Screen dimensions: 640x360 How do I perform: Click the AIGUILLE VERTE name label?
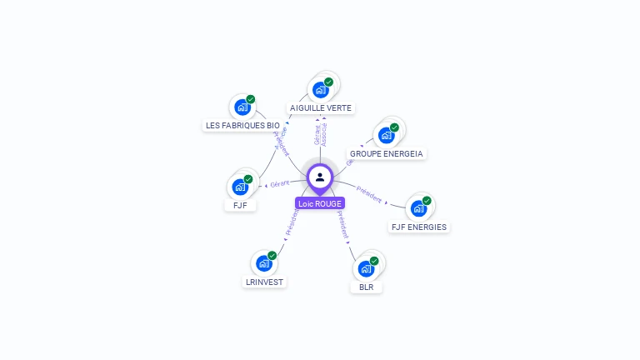pyautogui.click(x=321, y=107)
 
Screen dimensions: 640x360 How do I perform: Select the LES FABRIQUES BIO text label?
pyautogui.click(x=242, y=126)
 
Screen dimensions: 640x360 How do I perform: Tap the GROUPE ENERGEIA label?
pyautogui.click(x=387, y=154)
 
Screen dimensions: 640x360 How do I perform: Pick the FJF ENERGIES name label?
pyautogui.click(x=418, y=227)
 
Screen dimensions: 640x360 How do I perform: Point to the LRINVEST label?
pyautogui.click(x=265, y=282)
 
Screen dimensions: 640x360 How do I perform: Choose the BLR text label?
pyautogui.click(x=366, y=287)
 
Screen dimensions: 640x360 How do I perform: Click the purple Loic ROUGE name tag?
pyautogui.click(x=320, y=203)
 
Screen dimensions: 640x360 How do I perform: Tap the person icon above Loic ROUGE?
pyautogui.click(x=320, y=177)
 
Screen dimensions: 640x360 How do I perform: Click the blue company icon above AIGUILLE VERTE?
pyautogui.click(x=320, y=89)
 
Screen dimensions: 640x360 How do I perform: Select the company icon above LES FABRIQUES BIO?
pyautogui.click(x=242, y=107)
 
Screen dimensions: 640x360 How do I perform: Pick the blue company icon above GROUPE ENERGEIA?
pyautogui.click(x=386, y=135)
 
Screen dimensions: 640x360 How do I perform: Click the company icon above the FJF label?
pyautogui.click(x=240, y=187)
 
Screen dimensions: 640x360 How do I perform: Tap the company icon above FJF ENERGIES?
pyautogui.click(x=417, y=207)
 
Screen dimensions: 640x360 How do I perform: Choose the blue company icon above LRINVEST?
pyautogui.click(x=264, y=263)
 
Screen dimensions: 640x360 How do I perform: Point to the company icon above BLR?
pyautogui.click(x=366, y=268)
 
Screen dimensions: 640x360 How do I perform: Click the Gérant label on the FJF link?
pyautogui.click(x=280, y=183)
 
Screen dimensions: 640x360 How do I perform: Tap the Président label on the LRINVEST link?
pyautogui.click(x=292, y=222)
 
